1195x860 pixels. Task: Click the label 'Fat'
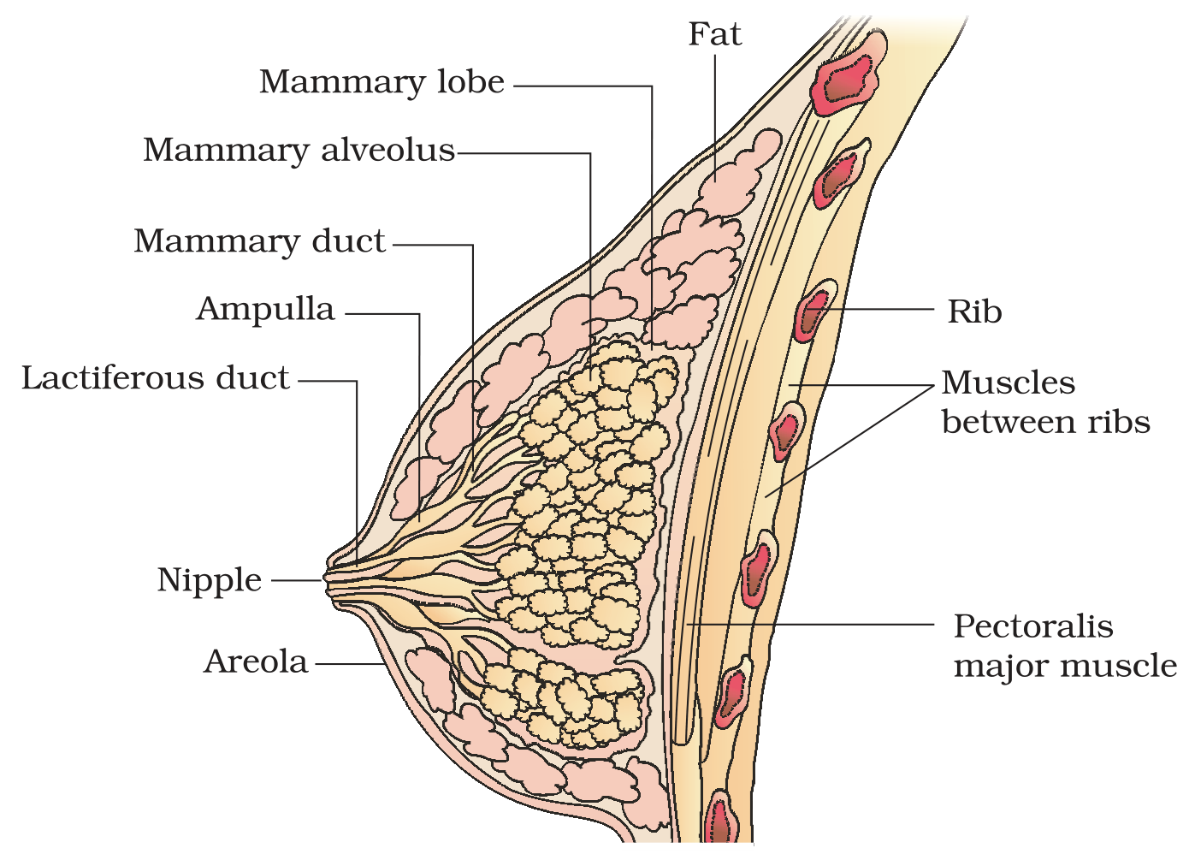714,34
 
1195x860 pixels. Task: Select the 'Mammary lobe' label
382,82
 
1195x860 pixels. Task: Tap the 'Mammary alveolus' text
299,150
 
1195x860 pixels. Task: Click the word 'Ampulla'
265,309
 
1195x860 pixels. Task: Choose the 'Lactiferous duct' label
155,378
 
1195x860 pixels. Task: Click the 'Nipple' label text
209,580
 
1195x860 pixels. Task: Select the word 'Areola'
256,662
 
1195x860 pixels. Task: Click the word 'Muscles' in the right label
1008,383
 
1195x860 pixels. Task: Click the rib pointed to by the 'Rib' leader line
814,311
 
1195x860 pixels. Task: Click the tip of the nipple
324,578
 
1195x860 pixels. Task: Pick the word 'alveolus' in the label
387,150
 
